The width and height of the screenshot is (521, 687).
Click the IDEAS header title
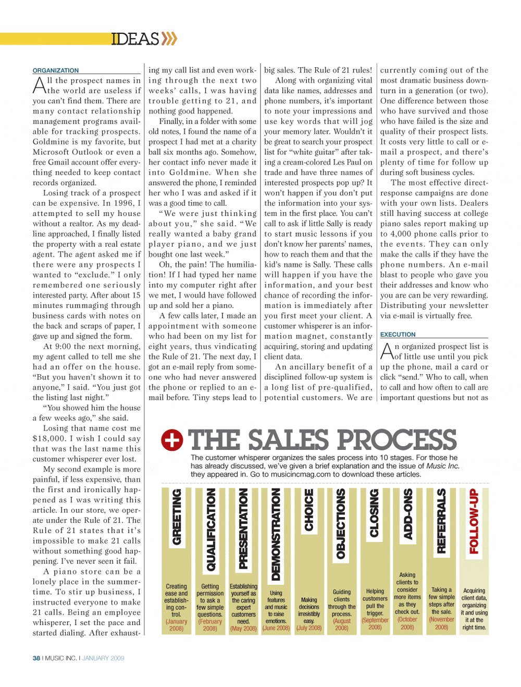tap(135, 39)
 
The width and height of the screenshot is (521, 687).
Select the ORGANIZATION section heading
tap(56, 70)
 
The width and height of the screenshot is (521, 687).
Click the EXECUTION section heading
tap(398, 335)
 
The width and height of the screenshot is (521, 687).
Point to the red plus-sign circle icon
tap(172, 440)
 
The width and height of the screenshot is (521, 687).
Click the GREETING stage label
tap(177, 518)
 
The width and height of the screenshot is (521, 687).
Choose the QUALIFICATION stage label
tap(210, 530)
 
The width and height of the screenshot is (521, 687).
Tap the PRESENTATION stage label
tap(243, 529)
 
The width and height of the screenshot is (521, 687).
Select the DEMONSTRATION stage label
tap(276, 535)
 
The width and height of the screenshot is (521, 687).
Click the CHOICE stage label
tap(309, 510)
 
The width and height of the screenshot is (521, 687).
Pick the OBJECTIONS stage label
tap(341, 524)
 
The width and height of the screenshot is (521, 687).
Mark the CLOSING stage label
tap(374, 513)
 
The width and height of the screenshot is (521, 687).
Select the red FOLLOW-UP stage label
tap(474, 521)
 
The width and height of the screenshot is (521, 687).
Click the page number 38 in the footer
tap(36, 658)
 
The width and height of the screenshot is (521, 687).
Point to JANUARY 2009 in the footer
tap(103, 658)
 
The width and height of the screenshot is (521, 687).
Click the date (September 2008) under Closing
tap(375, 623)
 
